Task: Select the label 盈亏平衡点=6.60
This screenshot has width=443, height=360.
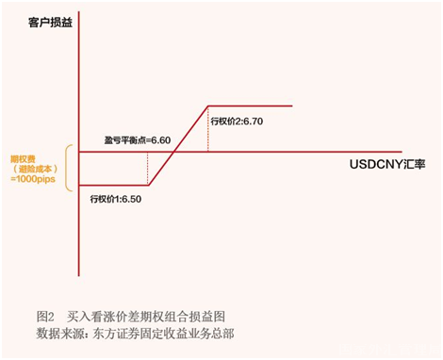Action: click(138, 139)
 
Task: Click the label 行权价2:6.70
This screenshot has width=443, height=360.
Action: click(238, 122)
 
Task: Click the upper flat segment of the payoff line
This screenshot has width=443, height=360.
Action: click(250, 106)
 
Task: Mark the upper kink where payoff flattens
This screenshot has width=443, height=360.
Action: click(206, 106)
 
